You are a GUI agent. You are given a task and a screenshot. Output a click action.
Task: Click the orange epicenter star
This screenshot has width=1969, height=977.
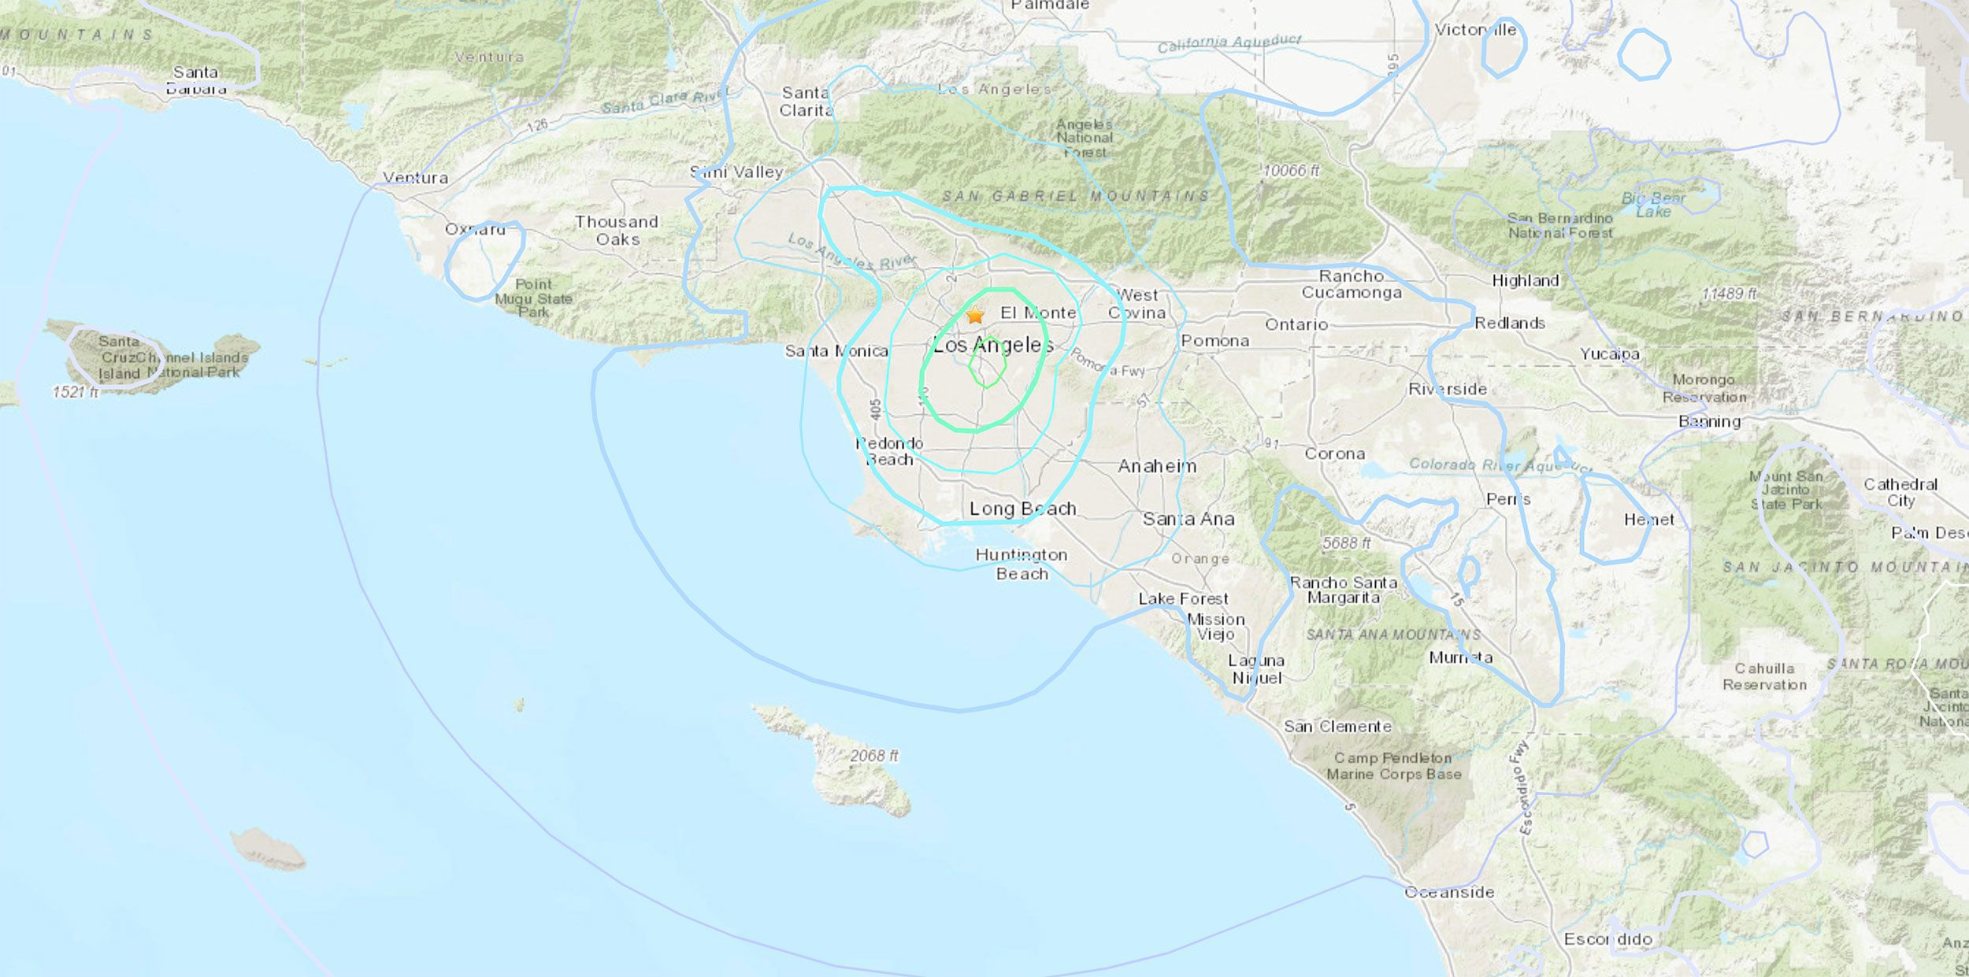coord(975,316)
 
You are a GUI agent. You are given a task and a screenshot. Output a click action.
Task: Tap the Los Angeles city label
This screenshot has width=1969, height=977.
coord(992,345)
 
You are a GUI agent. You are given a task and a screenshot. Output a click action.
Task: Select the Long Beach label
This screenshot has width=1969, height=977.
coord(1022,509)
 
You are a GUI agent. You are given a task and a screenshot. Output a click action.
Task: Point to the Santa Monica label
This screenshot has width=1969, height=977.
coord(836,351)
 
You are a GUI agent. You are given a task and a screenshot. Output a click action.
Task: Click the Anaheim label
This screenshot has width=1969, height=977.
coord(1157,466)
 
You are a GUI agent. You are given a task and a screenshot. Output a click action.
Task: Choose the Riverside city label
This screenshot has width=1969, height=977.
coord(1448,389)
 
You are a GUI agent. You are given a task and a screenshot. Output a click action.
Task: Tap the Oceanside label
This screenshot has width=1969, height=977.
coord(1449,892)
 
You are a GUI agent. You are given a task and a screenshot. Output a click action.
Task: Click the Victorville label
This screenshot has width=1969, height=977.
coord(1475,30)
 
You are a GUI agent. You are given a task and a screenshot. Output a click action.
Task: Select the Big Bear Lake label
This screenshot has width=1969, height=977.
coord(1653,205)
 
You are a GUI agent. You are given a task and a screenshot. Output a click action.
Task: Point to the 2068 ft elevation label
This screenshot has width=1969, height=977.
coord(874,756)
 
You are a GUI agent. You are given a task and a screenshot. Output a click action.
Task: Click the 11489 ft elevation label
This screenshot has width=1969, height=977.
coord(1730,294)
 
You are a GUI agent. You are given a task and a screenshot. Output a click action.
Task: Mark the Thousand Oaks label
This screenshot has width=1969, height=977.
coord(617,231)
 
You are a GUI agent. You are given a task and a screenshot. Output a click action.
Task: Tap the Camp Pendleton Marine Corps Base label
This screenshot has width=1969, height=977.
coord(1393,766)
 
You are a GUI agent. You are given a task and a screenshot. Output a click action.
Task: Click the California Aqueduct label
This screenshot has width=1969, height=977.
coord(1229,44)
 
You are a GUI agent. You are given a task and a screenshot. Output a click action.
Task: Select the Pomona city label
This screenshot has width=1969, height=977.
coord(1214,341)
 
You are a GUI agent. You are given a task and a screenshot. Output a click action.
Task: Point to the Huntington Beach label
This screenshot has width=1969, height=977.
coord(1022,564)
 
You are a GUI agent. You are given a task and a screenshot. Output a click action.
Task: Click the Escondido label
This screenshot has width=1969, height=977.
coord(1607,939)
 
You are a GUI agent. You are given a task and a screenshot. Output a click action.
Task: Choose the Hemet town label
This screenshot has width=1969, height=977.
coord(1649,520)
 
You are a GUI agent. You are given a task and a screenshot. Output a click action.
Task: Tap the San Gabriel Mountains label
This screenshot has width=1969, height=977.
coord(1075,196)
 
